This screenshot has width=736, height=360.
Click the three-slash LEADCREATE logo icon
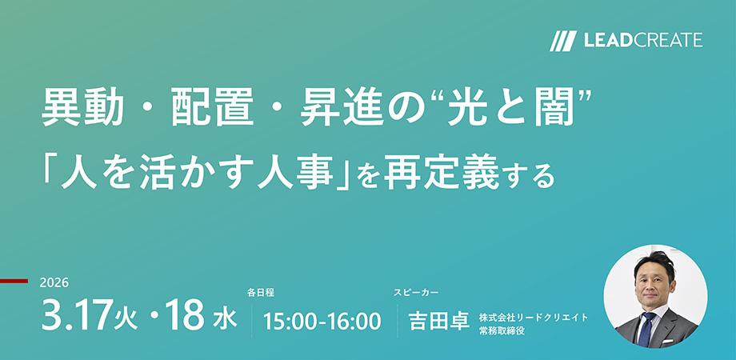point(563,40)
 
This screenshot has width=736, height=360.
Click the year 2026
point(54,284)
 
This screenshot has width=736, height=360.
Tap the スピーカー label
point(416,293)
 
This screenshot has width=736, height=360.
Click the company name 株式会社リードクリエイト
point(534,317)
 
